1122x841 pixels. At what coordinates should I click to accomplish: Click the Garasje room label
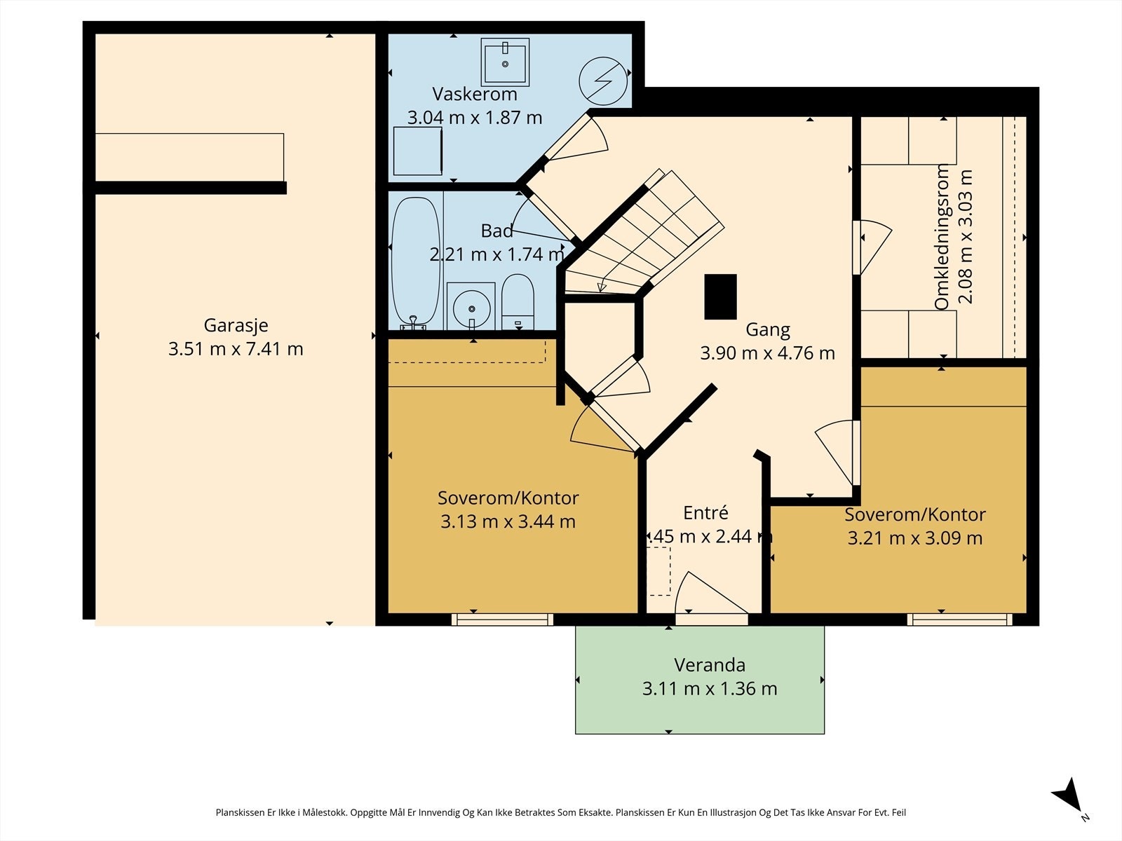coord(236,325)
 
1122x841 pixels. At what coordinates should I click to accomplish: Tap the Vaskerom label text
coord(474,94)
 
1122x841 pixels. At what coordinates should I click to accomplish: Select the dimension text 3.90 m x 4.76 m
coord(767,353)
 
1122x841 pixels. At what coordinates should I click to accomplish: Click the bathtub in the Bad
coord(416,263)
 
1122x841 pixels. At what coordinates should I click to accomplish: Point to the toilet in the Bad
coord(518,302)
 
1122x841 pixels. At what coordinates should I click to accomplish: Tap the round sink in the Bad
coord(471,308)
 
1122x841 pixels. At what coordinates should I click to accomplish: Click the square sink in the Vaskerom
coord(505,62)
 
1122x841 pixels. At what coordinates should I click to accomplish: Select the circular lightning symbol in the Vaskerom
coord(603,81)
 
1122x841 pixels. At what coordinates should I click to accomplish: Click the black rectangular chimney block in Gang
coord(720,296)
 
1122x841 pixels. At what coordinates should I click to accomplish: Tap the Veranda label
coord(710,665)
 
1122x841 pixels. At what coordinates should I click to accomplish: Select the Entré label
coord(705,513)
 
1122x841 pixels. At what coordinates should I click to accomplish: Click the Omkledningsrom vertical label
coord(941,237)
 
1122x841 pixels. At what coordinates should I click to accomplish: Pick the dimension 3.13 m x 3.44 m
coord(508,521)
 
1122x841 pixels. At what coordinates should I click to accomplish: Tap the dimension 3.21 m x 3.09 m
coord(915,538)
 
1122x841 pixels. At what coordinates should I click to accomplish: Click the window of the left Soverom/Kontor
coord(503,620)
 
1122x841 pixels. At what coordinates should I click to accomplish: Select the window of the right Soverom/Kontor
coord(960,620)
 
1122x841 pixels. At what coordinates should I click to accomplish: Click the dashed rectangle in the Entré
coord(658,571)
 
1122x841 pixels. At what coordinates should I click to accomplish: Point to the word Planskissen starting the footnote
coord(241,812)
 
